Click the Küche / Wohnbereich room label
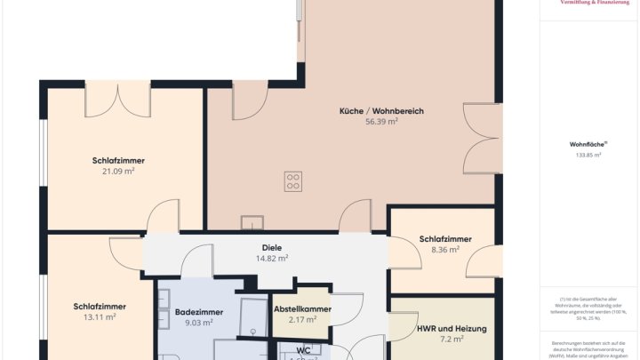click(x=381, y=111)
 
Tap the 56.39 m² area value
click(x=381, y=123)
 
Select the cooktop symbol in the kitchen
click(x=292, y=181)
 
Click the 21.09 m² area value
click(x=118, y=172)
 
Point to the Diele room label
click(x=272, y=247)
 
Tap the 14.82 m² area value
click(x=272, y=259)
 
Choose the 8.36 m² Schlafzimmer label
click(x=445, y=239)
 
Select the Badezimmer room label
click(x=199, y=312)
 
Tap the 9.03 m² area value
click(x=199, y=324)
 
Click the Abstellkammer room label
click(x=303, y=308)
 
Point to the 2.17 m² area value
click(x=303, y=320)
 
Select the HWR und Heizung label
click(x=452, y=329)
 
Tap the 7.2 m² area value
click(x=452, y=340)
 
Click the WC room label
click(x=303, y=350)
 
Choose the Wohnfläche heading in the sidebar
click(x=588, y=144)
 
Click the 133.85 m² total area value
click(x=588, y=156)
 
